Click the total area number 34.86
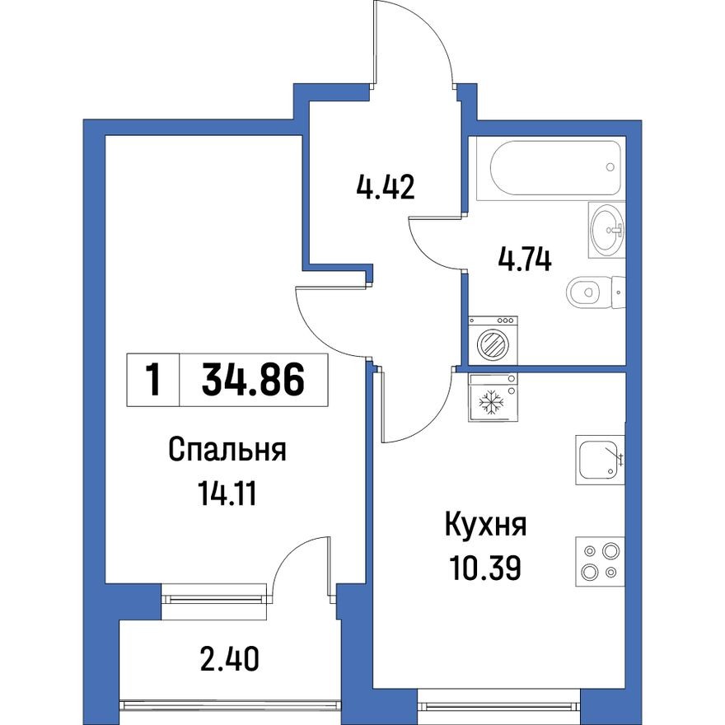[253, 381]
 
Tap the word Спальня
[227, 451]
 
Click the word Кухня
[485, 524]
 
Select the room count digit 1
[152, 381]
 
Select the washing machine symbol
[493, 341]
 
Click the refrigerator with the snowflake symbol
[493, 398]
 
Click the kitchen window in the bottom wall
[499, 704]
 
